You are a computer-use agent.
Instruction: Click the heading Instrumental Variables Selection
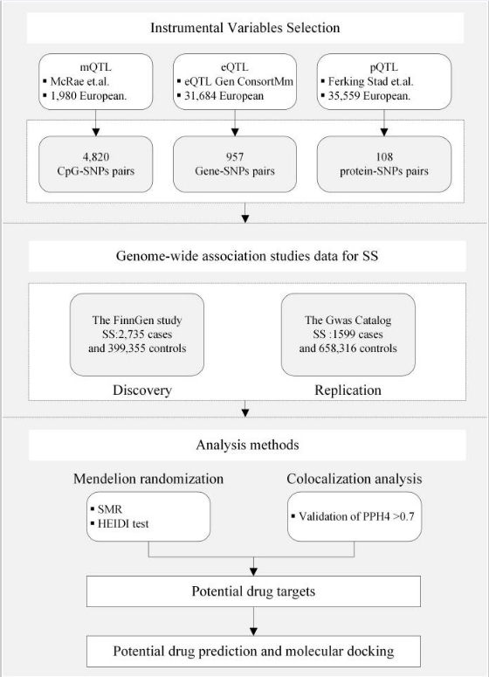click(x=244, y=28)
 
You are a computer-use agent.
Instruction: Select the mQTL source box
click(x=96, y=81)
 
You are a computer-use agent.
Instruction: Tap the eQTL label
click(x=235, y=67)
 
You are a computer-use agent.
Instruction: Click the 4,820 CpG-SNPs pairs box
click(x=96, y=164)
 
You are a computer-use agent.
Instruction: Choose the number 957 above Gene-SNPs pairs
click(x=235, y=156)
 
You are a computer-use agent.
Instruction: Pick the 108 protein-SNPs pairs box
click(x=384, y=164)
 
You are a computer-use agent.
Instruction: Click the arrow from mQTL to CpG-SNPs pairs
click(x=96, y=123)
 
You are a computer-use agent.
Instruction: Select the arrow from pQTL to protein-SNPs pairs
click(x=384, y=123)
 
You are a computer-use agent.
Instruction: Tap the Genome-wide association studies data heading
click(x=247, y=256)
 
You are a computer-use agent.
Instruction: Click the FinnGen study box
click(x=137, y=335)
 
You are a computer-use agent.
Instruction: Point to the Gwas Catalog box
click(x=348, y=335)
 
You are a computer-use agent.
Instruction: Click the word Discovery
click(x=142, y=390)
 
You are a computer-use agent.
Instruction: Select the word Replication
click(x=348, y=390)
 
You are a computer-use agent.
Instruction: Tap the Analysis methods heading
click(x=247, y=445)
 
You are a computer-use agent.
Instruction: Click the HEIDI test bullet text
click(x=123, y=524)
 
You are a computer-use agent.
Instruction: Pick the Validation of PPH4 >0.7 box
click(x=355, y=516)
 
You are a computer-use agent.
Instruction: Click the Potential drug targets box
click(x=253, y=591)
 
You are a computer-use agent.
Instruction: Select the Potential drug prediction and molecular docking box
click(x=253, y=651)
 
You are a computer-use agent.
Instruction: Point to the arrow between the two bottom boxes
click(x=253, y=621)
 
